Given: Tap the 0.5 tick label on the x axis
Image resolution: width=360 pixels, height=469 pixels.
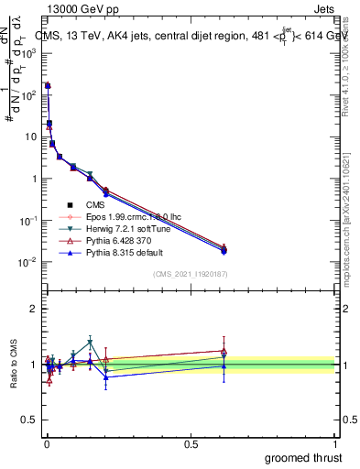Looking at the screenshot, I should tap(191, 443).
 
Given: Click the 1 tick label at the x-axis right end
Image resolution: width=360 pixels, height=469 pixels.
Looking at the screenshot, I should tap(336, 443).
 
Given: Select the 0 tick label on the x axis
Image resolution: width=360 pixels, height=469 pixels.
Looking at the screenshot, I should tap(46, 443).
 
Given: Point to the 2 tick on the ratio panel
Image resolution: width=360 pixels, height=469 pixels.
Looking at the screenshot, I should tap(34, 309).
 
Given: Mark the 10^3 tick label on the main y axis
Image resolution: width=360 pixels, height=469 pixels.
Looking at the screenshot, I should tap(27, 52).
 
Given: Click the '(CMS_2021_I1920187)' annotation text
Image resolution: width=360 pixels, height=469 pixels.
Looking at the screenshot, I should tap(191, 274).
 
